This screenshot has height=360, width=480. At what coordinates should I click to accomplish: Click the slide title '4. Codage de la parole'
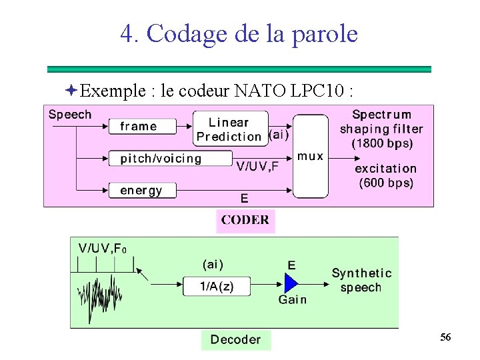(239, 33)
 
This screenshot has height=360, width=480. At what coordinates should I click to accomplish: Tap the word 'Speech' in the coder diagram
(70, 115)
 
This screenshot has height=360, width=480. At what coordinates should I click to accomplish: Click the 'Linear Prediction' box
(230, 129)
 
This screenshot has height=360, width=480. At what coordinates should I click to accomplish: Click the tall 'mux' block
(311, 156)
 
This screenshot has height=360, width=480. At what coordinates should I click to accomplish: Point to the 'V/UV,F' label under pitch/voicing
(257, 167)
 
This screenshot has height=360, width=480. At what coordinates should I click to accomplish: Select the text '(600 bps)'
(386, 183)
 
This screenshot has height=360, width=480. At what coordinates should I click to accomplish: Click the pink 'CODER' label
(245, 221)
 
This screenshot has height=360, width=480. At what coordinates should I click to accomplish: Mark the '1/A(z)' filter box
(217, 287)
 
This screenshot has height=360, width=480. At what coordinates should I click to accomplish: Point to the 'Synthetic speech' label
(361, 280)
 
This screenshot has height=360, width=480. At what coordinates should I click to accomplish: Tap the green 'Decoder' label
(235, 340)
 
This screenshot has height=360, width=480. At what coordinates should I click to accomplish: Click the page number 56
(445, 338)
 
